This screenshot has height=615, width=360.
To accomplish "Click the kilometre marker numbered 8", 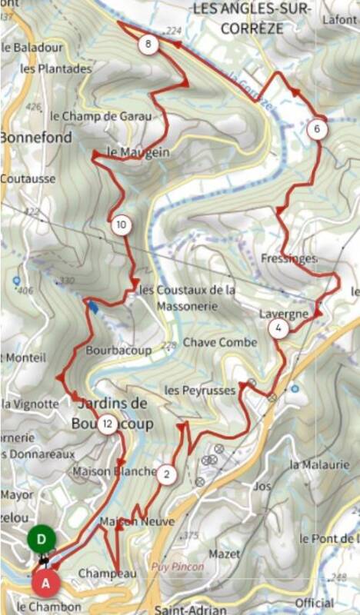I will tap(148, 45).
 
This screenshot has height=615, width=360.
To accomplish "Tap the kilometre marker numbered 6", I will tap(317, 130).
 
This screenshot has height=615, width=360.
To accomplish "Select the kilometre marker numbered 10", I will tap(121, 225).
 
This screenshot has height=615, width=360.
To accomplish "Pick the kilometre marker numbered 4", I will tap(278, 329).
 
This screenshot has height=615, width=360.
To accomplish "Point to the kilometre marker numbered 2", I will tap(166, 474).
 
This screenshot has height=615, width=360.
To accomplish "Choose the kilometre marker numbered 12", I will tap(108, 423).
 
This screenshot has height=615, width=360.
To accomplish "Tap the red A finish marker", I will tap(46, 583).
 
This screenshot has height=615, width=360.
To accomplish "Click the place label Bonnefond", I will tap(36, 138).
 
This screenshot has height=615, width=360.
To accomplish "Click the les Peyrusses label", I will tap(199, 391).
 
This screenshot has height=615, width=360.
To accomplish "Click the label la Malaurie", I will tap(315, 465).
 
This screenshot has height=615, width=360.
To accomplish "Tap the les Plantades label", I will tap(55, 68).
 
